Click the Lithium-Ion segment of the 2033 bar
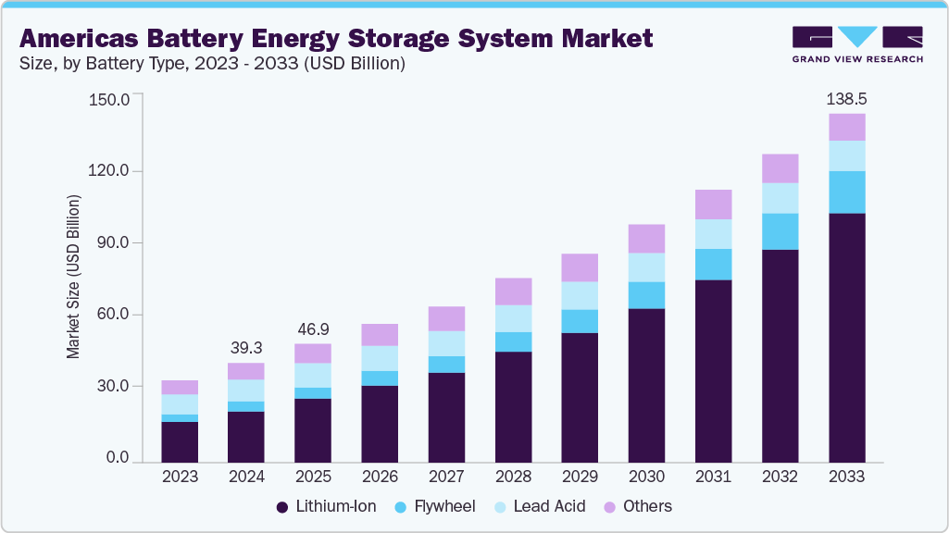pos(846,337)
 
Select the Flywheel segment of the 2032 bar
pos(780,231)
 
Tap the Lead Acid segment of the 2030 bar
pos(646,267)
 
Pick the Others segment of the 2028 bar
pos(513,291)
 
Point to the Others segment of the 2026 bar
pos(380,334)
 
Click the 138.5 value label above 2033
pos(847,98)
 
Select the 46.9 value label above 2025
pos(313,328)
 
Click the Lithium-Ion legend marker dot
pos(282,507)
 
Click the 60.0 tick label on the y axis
pos(112,315)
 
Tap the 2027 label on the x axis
pos(446,477)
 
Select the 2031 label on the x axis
pos(713,477)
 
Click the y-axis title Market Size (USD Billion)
pos(73,278)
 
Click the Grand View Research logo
pos(857,44)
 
